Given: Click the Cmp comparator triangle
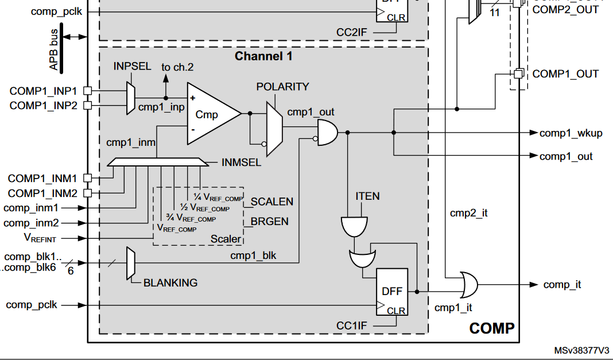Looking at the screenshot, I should [x=209, y=114].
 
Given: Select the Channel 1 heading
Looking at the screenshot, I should [x=263, y=56].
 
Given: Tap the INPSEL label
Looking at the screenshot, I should [x=133, y=67].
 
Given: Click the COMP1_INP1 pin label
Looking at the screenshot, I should [x=44, y=91].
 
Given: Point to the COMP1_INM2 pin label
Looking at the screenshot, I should [x=42, y=193].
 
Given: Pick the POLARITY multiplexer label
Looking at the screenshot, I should [x=282, y=87].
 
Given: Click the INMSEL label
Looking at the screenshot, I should [x=241, y=162].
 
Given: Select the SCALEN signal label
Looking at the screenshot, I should [x=271, y=202].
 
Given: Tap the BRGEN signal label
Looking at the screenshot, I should [x=269, y=222].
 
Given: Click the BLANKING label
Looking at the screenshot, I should [x=170, y=282].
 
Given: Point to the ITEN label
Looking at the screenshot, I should [x=367, y=196].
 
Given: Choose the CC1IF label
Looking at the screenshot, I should [x=351, y=326].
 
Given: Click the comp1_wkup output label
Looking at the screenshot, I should [x=571, y=133].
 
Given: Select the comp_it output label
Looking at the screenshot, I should [x=562, y=285].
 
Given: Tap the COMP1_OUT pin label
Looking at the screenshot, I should [x=565, y=74].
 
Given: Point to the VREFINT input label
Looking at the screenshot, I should [x=40, y=238].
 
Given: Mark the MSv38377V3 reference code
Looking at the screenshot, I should [x=581, y=351].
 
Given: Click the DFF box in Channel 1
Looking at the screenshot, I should [x=393, y=292].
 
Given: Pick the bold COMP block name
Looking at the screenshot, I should [x=492, y=328].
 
